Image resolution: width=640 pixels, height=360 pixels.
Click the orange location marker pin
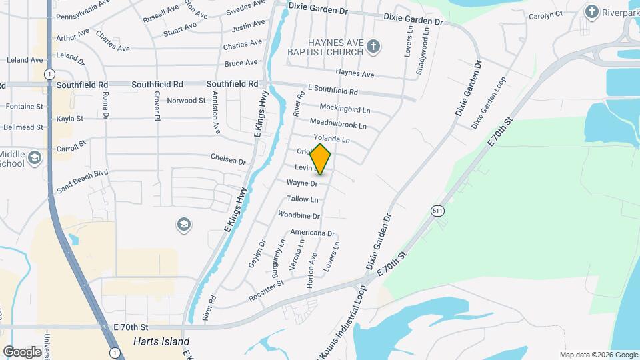click(x=321, y=159)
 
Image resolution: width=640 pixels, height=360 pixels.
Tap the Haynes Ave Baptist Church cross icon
click(x=374, y=47)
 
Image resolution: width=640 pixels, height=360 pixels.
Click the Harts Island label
click(x=157, y=341)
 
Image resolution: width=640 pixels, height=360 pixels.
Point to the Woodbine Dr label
click(x=299, y=215)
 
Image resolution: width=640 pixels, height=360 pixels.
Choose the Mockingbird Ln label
click(x=345, y=108)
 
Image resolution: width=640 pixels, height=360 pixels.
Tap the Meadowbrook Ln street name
click(x=339, y=124)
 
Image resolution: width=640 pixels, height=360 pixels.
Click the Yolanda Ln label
click(x=331, y=139)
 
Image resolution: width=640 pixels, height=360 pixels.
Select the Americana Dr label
click(x=312, y=233)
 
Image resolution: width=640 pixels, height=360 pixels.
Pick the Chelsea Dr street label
click(x=228, y=160)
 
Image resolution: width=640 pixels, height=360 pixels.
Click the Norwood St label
click(x=186, y=101)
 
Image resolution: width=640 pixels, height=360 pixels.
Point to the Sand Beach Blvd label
click(x=83, y=181)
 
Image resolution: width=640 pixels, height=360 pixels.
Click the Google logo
click(x=23, y=351)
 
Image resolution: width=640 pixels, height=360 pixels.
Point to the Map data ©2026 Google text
click(x=598, y=355)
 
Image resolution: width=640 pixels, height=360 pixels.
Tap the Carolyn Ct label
click(x=545, y=14)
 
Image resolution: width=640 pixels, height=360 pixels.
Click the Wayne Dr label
click(x=301, y=183)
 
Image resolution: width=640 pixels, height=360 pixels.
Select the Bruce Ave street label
click(x=241, y=63)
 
